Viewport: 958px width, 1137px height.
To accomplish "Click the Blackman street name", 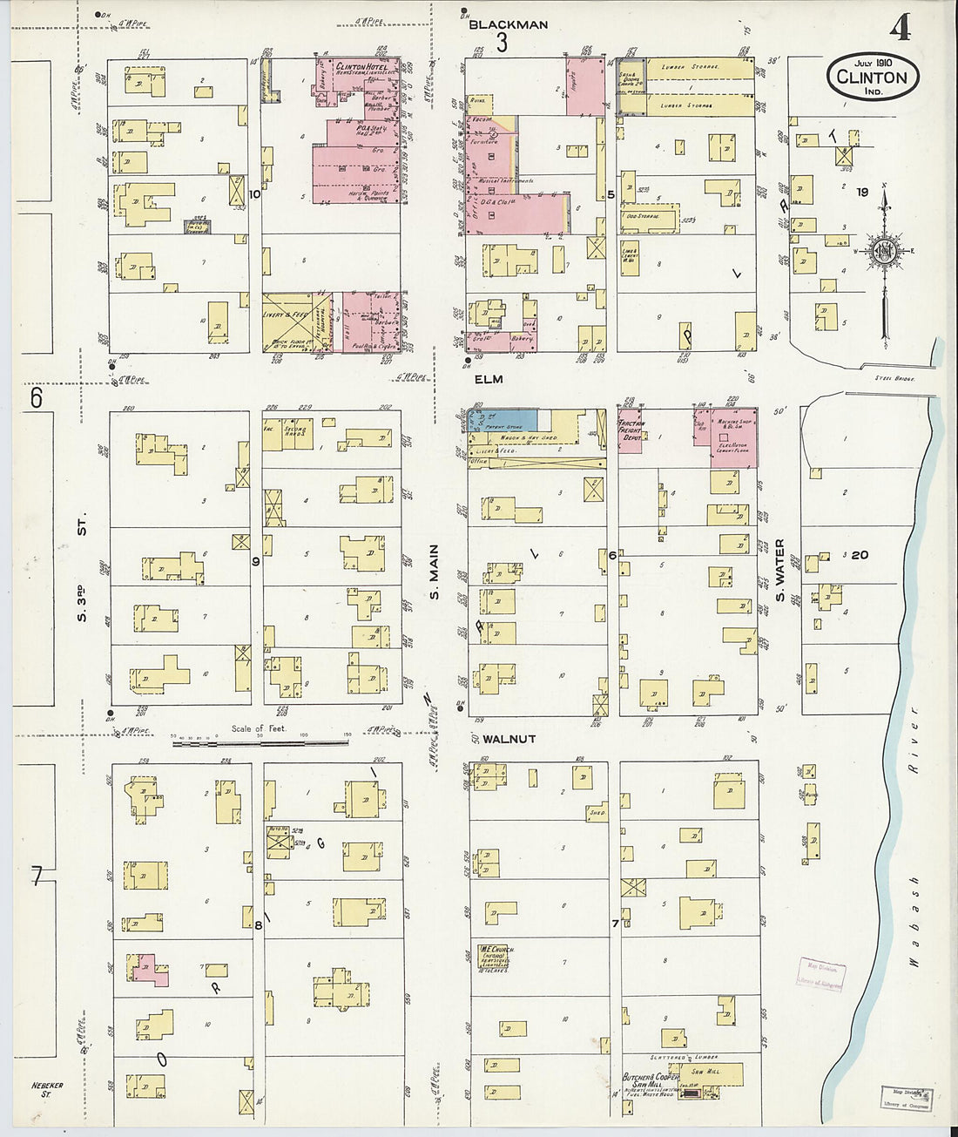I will click(x=508, y=24).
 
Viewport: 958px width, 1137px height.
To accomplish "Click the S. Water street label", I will click(x=780, y=572).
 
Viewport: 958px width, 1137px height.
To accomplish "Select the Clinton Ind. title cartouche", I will click(x=872, y=77).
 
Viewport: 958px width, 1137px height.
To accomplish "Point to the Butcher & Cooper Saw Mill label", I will click(x=650, y=1080).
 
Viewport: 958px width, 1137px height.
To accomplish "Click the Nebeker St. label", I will click(x=54, y=1090).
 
